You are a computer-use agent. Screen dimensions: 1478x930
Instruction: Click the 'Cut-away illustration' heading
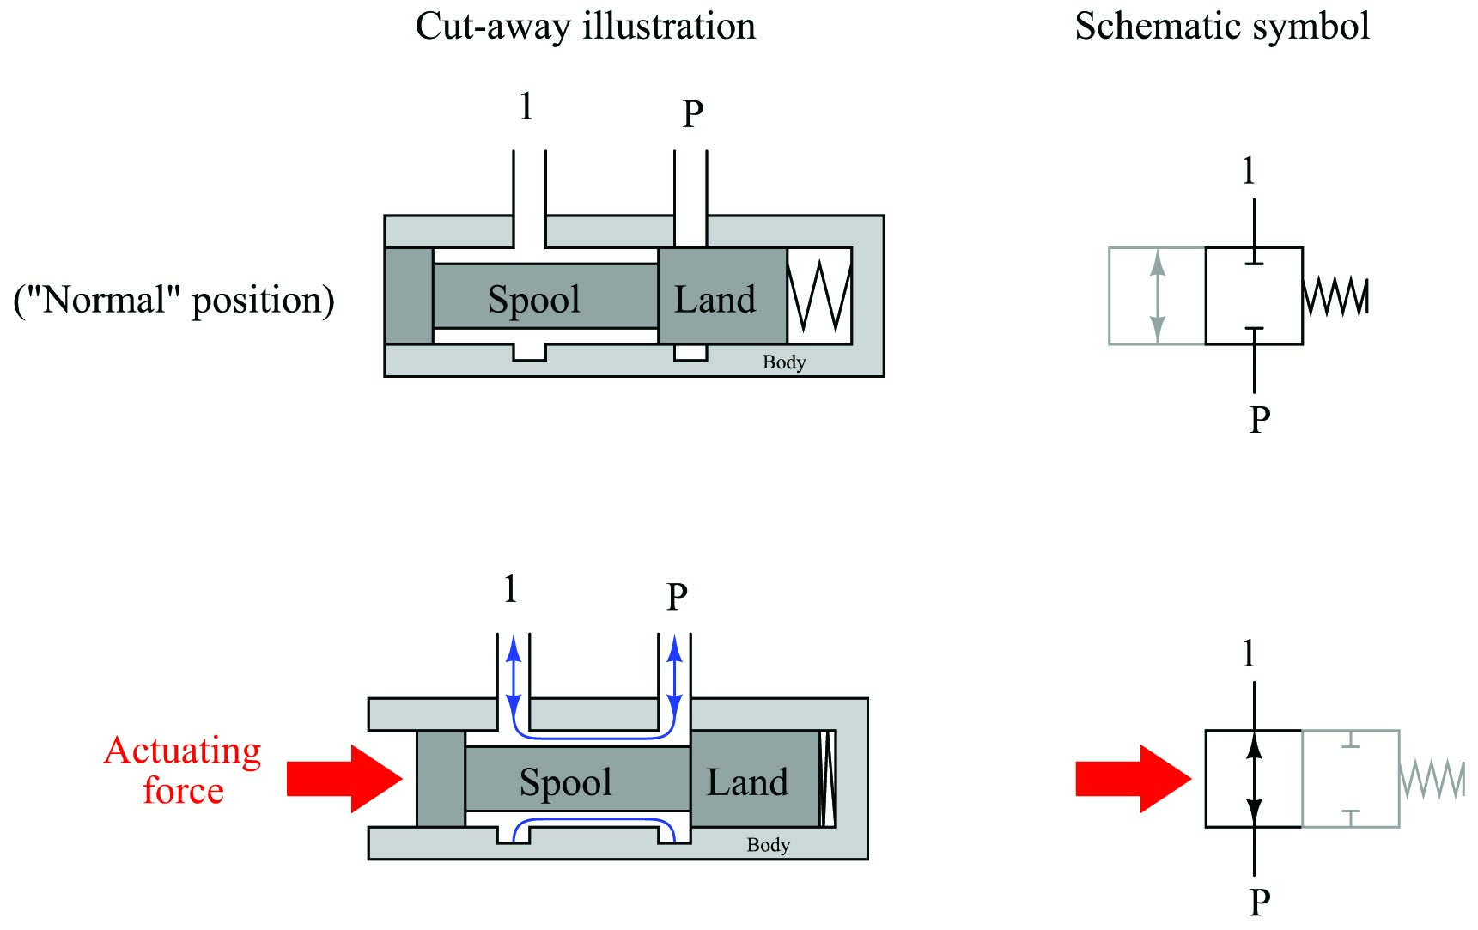coord(586,27)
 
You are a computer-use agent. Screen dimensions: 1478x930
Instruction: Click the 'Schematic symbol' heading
coord(1222,27)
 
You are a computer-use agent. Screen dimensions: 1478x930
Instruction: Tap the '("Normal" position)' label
coord(174,301)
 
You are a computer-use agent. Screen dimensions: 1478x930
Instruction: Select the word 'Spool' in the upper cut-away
coord(534,300)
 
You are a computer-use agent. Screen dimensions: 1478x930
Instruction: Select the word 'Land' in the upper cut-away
coord(715,299)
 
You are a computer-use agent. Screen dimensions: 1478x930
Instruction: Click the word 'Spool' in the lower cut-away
coord(566,782)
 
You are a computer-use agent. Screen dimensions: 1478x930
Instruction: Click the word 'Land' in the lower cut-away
coord(747,782)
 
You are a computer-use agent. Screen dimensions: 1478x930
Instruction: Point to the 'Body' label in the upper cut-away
coord(784,362)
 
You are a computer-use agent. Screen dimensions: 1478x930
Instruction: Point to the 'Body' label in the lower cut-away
coord(769,845)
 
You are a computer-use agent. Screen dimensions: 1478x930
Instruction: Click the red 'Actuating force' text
coord(183,770)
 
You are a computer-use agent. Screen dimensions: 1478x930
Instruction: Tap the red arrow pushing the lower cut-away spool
coord(344,779)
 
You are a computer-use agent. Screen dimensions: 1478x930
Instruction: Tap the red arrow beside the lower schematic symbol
coord(1134,779)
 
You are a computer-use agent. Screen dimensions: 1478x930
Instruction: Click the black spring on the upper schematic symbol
coord(1335,296)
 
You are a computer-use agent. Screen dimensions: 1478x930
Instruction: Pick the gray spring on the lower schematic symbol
coord(1432,779)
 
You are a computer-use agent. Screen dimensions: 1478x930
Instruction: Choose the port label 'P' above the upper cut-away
coord(693,113)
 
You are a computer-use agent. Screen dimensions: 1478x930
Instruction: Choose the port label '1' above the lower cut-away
coord(511,589)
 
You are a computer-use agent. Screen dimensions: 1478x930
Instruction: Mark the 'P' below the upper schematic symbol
coord(1259,419)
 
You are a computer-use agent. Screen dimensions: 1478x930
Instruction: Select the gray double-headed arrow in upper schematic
coord(1158,296)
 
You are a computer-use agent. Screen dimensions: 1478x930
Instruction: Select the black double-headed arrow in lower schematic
coord(1255,779)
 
